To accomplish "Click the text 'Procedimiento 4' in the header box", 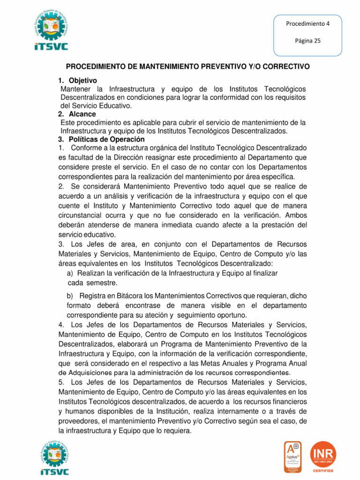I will click(x=307, y=24).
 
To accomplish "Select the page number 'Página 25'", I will click(x=307, y=41).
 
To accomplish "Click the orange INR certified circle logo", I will click(x=324, y=455).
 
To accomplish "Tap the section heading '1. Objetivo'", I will click(x=77, y=81).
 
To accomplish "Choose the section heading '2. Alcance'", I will click(x=77, y=114).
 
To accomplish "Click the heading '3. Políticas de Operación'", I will click(x=101, y=139).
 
